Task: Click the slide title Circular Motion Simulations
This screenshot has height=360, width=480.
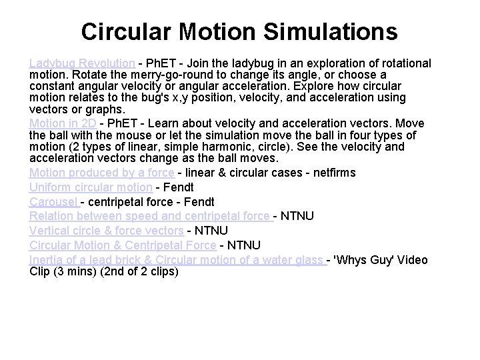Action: [239, 31]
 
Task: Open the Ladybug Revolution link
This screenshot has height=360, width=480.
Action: [83, 63]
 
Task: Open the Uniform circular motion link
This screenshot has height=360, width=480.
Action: [91, 187]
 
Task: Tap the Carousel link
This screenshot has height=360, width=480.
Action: [54, 201]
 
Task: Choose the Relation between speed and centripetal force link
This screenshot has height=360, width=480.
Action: [150, 216]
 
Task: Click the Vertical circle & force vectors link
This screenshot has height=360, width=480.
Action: [107, 231]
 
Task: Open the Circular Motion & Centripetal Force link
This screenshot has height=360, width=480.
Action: [123, 245]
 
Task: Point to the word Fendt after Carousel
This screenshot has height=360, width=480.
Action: [179, 201]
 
